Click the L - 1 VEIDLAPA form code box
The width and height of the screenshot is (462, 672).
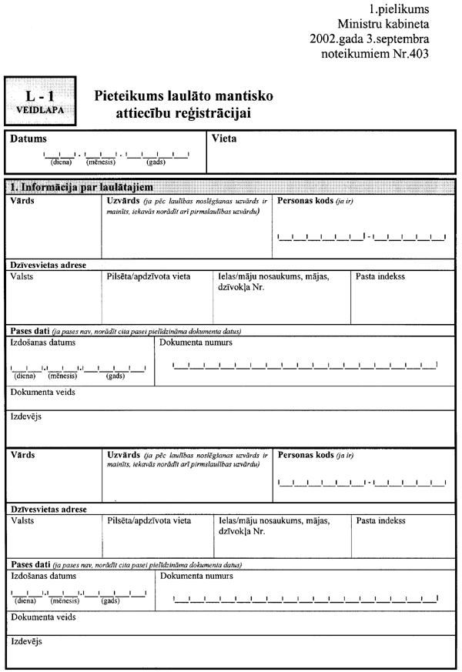40,101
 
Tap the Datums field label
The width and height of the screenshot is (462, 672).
28,139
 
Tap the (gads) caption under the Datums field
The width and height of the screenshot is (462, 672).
156,162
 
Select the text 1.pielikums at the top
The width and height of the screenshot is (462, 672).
400,10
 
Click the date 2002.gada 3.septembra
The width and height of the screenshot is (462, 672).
369,39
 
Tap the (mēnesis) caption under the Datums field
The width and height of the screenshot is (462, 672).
100,162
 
